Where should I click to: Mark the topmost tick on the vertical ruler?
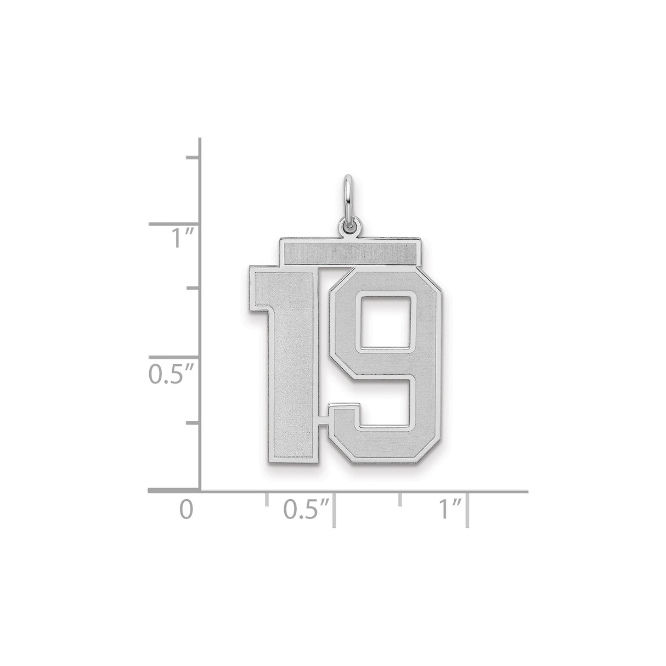(193, 157)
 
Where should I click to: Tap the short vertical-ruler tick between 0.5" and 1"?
(193, 287)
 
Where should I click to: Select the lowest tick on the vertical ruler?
(193, 423)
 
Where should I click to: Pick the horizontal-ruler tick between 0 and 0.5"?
(267, 498)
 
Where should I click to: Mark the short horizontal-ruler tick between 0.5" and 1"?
(400, 498)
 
